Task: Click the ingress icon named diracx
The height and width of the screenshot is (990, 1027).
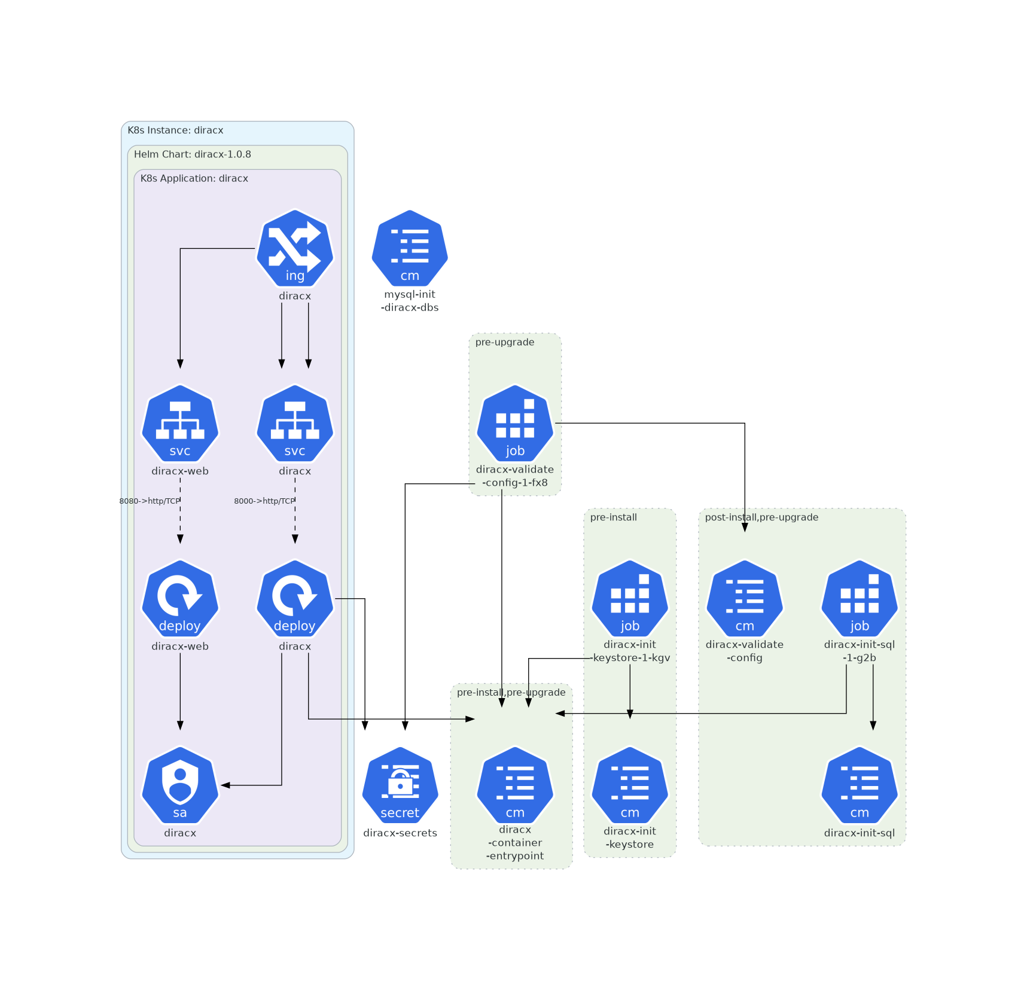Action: click(294, 248)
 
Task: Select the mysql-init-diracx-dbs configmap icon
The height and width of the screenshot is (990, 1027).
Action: click(410, 248)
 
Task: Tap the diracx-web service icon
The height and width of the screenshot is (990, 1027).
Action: click(180, 423)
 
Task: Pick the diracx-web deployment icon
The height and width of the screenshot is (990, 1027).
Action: click(180, 598)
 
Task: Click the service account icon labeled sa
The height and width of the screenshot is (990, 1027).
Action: click(180, 785)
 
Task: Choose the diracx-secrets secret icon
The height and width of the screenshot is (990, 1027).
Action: click(400, 785)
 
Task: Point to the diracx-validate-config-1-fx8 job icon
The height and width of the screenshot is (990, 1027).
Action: click(515, 423)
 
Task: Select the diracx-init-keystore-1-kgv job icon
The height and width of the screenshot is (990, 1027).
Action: click(630, 598)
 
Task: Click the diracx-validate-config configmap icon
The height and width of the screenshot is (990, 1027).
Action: click(745, 598)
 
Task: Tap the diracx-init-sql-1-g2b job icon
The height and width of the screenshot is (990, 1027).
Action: click(860, 598)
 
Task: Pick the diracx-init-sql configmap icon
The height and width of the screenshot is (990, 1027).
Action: click(860, 785)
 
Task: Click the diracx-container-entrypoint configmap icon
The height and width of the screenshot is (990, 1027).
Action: click(515, 785)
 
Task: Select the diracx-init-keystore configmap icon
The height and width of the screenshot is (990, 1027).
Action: click(630, 785)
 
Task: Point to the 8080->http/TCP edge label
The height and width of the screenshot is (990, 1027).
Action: click(150, 501)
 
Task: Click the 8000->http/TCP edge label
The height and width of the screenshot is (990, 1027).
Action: click(264, 501)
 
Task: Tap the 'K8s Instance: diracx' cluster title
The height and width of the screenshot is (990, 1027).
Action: click(175, 130)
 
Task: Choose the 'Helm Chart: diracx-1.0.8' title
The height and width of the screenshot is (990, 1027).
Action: click(193, 154)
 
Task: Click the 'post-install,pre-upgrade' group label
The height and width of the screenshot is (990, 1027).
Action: click(761, 517)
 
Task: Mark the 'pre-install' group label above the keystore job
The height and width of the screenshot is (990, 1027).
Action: click(613, 517)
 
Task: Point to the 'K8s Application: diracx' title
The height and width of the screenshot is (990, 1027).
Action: click(194, 178)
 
